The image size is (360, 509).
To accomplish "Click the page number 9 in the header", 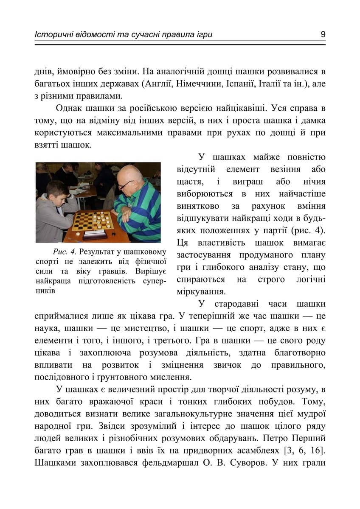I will [x=323, y=34].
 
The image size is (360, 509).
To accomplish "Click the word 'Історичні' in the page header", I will [x=51, y=34].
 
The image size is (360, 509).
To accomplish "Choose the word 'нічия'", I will [x=314, y=182].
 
